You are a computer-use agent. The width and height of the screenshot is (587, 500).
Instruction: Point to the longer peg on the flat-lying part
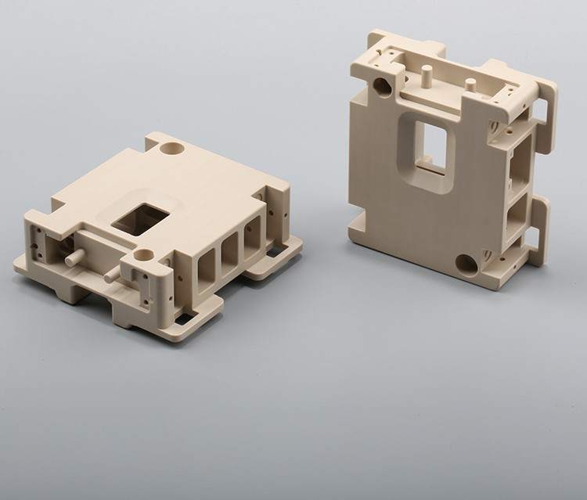75,257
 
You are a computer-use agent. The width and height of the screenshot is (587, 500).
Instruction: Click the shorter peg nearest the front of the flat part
110,274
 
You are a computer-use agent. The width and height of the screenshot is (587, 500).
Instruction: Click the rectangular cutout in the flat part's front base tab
185,318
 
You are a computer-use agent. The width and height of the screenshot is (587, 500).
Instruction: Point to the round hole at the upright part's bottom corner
467,264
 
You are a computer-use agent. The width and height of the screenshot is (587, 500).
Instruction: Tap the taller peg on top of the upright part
427,76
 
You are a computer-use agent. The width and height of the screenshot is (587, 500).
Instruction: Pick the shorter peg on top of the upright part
470,84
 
